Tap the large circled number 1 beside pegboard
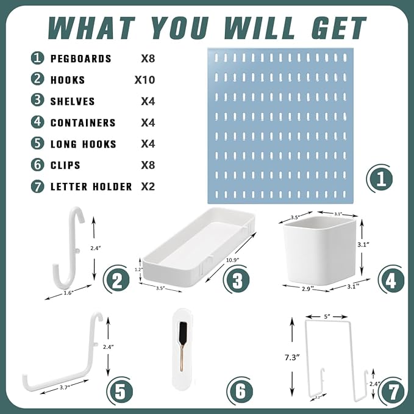(380, 180)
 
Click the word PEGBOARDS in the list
(80, 59)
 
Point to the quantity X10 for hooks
(145, 80)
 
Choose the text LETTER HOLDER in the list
(91, 187)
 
